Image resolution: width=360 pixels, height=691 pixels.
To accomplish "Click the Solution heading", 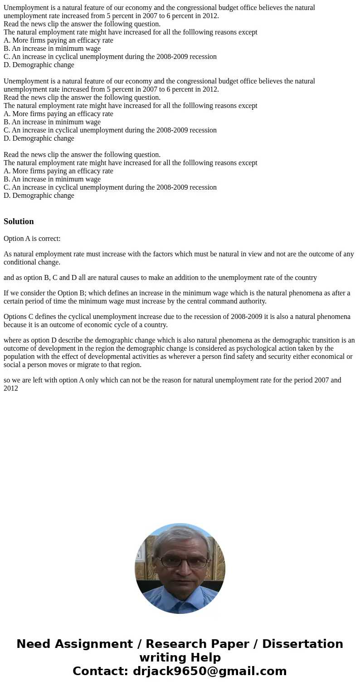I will [19, 221].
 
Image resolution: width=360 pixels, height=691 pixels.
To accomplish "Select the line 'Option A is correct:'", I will [32, 239].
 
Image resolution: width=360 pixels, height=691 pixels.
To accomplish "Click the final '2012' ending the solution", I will [11, 388].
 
